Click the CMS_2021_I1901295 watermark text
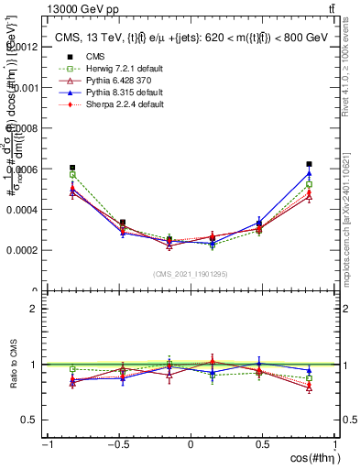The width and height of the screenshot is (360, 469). pyautogui.click(x=191, y=274)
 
